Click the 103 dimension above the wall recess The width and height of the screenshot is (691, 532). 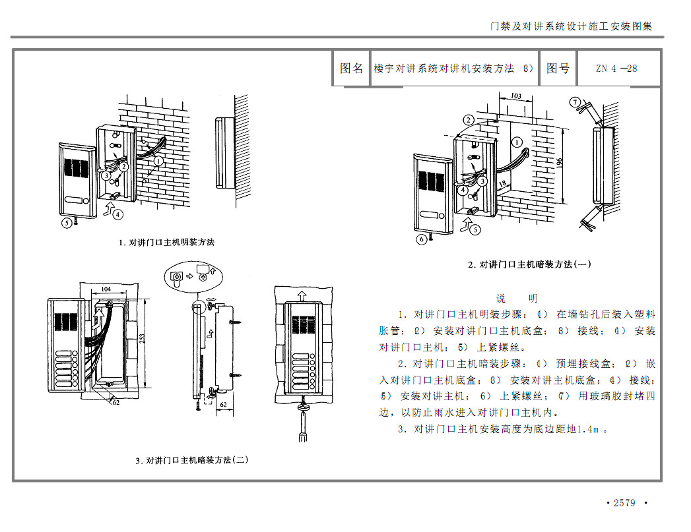[x=516, y=96]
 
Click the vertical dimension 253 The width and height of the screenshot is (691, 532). [x=142, y=338]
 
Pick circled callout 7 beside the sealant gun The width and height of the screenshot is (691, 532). [x=575, y=103]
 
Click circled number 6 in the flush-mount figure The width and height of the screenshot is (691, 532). [x=422, y=239]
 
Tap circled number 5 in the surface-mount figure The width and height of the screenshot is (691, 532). [x=67, y=223]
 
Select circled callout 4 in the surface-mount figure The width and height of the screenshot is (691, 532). [x=117, y=214]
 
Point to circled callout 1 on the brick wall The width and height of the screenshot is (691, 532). [x=158, y=160]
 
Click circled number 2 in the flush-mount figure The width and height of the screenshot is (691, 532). [x=468, y=120]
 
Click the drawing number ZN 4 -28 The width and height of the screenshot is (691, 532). [x=616, y=69]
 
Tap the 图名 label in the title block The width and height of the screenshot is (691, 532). [x=351, y=69]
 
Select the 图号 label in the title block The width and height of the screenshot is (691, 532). [x=558, y=69]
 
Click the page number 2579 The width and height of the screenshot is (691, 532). [x=624, y=503]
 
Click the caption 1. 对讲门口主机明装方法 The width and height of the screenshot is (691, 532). [x=166, y=243]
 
